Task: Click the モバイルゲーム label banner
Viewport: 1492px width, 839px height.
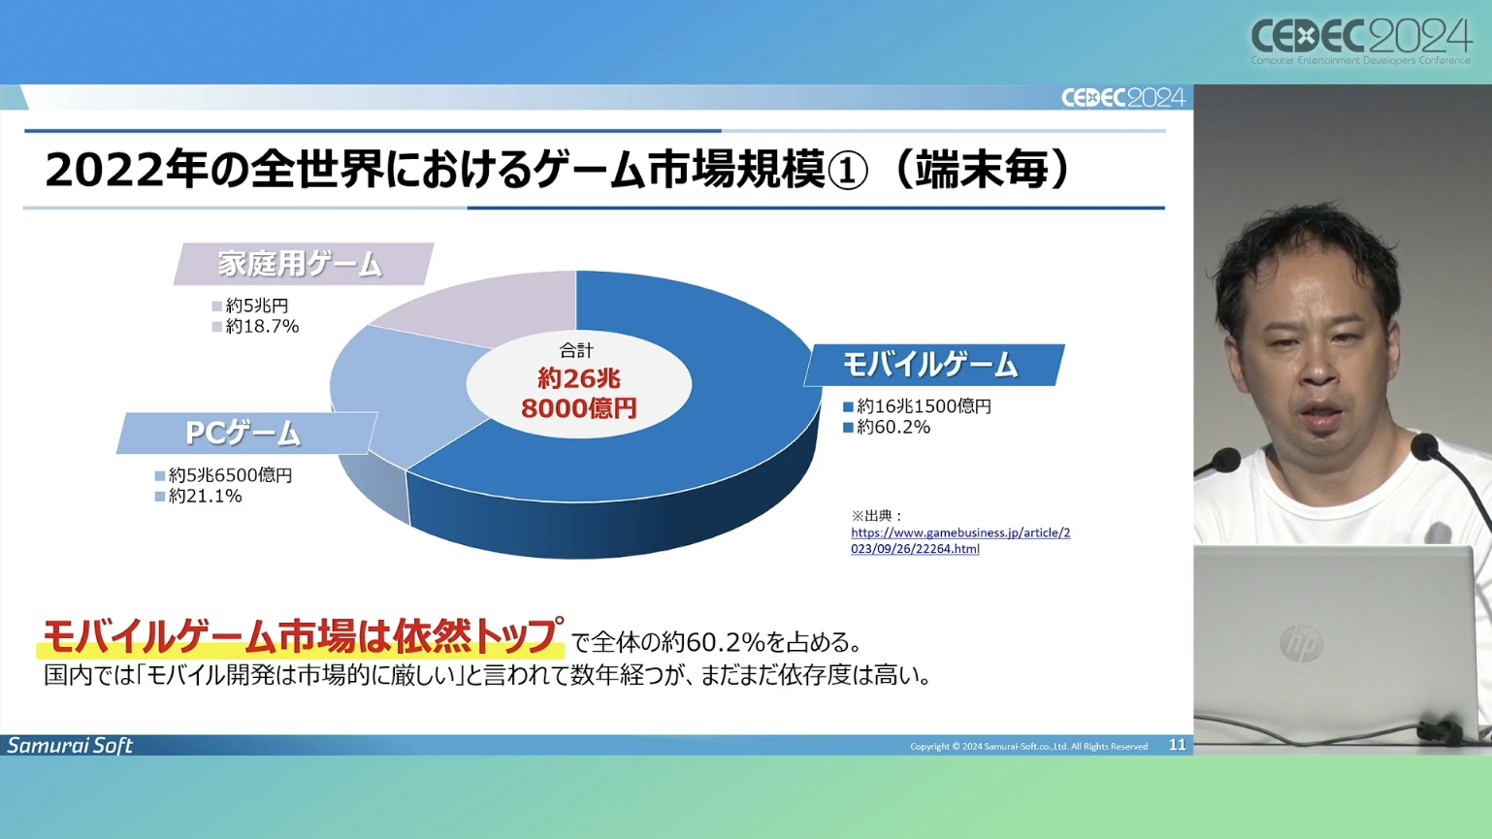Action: (x=933, y=365)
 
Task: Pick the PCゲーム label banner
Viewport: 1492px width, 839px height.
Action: (x=245, y=434)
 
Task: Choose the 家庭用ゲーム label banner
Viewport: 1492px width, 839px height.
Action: (x=303, y=264)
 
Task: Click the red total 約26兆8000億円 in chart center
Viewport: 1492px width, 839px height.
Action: (x=579, y=393)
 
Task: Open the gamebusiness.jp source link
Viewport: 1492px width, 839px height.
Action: (x=960, y=540)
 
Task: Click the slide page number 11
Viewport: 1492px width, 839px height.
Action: (x=1177, y=745)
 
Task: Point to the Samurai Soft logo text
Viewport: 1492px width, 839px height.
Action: (x=70, y=745)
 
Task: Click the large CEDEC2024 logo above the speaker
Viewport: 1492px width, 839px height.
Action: (x=1361, y=39)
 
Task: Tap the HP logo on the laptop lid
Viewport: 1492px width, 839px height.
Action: (x=1301, y=643)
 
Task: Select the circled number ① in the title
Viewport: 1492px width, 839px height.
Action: (x=847, y=171)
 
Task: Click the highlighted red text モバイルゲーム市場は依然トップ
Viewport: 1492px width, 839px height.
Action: (x=300, y=637)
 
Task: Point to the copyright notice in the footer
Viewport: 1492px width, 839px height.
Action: (x=1029, y=747)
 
